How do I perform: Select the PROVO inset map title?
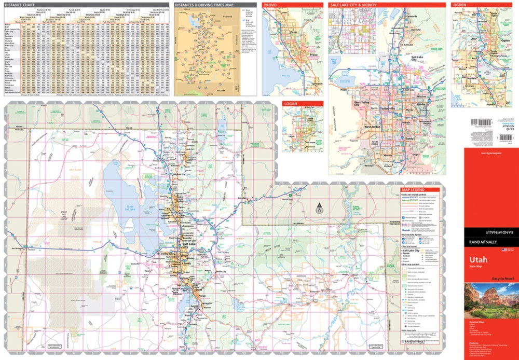(270, 5)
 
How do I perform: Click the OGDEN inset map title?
(460, 5)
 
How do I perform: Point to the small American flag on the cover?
(503, 250)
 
